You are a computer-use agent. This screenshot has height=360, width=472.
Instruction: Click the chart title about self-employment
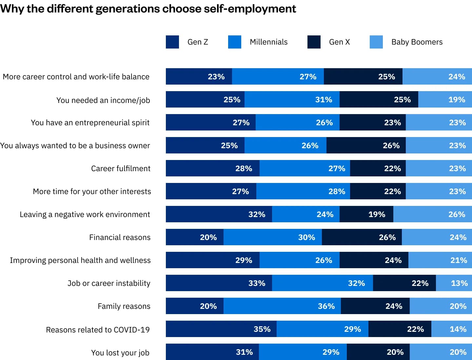point(148,9)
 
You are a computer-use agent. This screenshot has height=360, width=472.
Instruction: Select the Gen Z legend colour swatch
point(172,42)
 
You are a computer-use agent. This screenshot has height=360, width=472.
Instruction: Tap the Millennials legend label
point(268,42)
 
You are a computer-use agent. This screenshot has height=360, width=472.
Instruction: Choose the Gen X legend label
point(339,42)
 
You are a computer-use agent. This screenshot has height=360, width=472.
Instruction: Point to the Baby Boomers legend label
point(417,42)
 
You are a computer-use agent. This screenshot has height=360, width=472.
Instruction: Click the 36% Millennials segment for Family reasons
point(282,306)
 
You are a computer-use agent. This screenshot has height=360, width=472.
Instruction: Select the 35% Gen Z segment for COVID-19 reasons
point(221,329)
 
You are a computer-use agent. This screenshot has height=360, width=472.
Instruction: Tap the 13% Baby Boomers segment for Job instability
point(454,283)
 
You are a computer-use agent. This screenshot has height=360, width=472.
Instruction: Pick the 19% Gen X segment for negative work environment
point(366,214)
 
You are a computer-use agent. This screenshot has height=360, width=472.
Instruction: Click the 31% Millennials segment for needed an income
point(292,99)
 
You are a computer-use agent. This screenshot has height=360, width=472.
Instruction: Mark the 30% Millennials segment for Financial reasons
point(272,237)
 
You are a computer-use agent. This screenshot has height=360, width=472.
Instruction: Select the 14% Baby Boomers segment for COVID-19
point(451,329)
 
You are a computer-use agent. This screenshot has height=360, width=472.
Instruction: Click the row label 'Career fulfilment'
point(121,169)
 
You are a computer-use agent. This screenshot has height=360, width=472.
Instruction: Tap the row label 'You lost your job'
point(120,353)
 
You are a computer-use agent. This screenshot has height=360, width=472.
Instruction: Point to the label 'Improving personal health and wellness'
point(80,260)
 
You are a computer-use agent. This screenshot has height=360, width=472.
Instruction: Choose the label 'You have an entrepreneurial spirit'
point(90,123)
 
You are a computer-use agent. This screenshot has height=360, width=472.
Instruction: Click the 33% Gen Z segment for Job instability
point(219,283)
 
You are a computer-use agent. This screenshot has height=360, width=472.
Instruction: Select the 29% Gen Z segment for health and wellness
point(212,260)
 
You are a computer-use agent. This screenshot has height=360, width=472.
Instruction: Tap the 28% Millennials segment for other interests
point(303,191)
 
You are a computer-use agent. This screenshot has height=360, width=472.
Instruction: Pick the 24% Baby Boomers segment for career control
point(437,76)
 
